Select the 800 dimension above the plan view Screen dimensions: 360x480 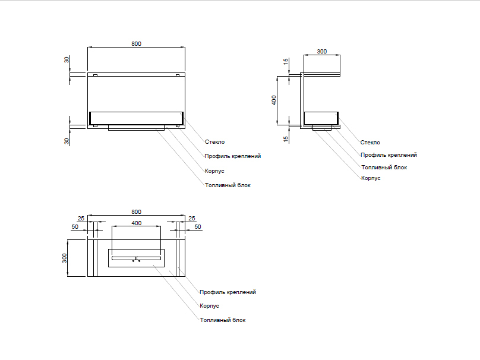point(136,212)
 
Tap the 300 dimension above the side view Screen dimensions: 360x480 point(321,52)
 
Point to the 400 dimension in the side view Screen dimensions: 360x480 point(274,100)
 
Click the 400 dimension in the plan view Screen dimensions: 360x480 point(136,223)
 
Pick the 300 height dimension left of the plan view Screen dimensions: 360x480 point(65,258)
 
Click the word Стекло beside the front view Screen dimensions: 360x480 point(214,142)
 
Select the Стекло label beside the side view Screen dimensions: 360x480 point(370,142)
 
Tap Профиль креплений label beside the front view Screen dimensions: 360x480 point(232,156)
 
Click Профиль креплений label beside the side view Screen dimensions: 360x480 point(389,154)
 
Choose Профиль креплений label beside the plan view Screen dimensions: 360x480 point(228,292)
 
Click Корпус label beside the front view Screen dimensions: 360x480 point(214,171)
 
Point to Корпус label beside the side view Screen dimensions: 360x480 point(370,178)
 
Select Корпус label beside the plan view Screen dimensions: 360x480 point(209,306)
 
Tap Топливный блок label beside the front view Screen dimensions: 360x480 point(228,185)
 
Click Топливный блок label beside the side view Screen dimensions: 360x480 point(384,168)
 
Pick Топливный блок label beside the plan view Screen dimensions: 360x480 point(223,320)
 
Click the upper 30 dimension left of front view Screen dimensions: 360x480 point(67,60)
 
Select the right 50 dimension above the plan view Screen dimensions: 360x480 point(198,227)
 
